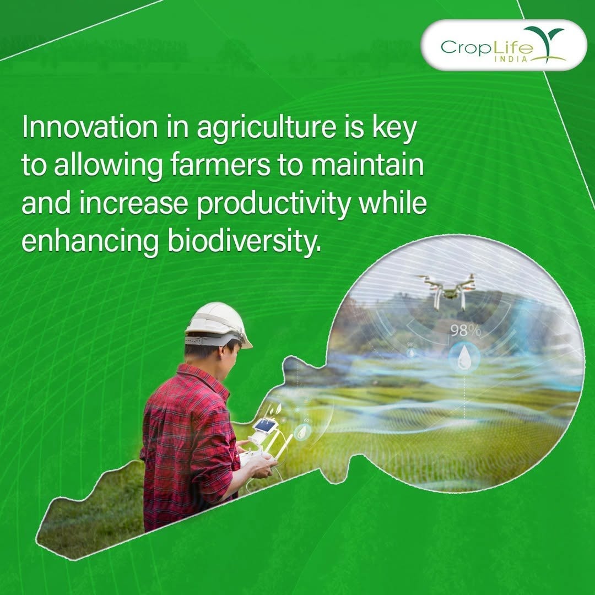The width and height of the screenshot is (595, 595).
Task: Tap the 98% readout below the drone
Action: click(x=466, y=331)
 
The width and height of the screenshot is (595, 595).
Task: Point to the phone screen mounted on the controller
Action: click(x=266, y=425)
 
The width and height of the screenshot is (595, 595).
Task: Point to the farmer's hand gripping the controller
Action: click(x=260, y=466)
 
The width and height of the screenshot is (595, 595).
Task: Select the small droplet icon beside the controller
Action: click(x=301, y=432)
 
